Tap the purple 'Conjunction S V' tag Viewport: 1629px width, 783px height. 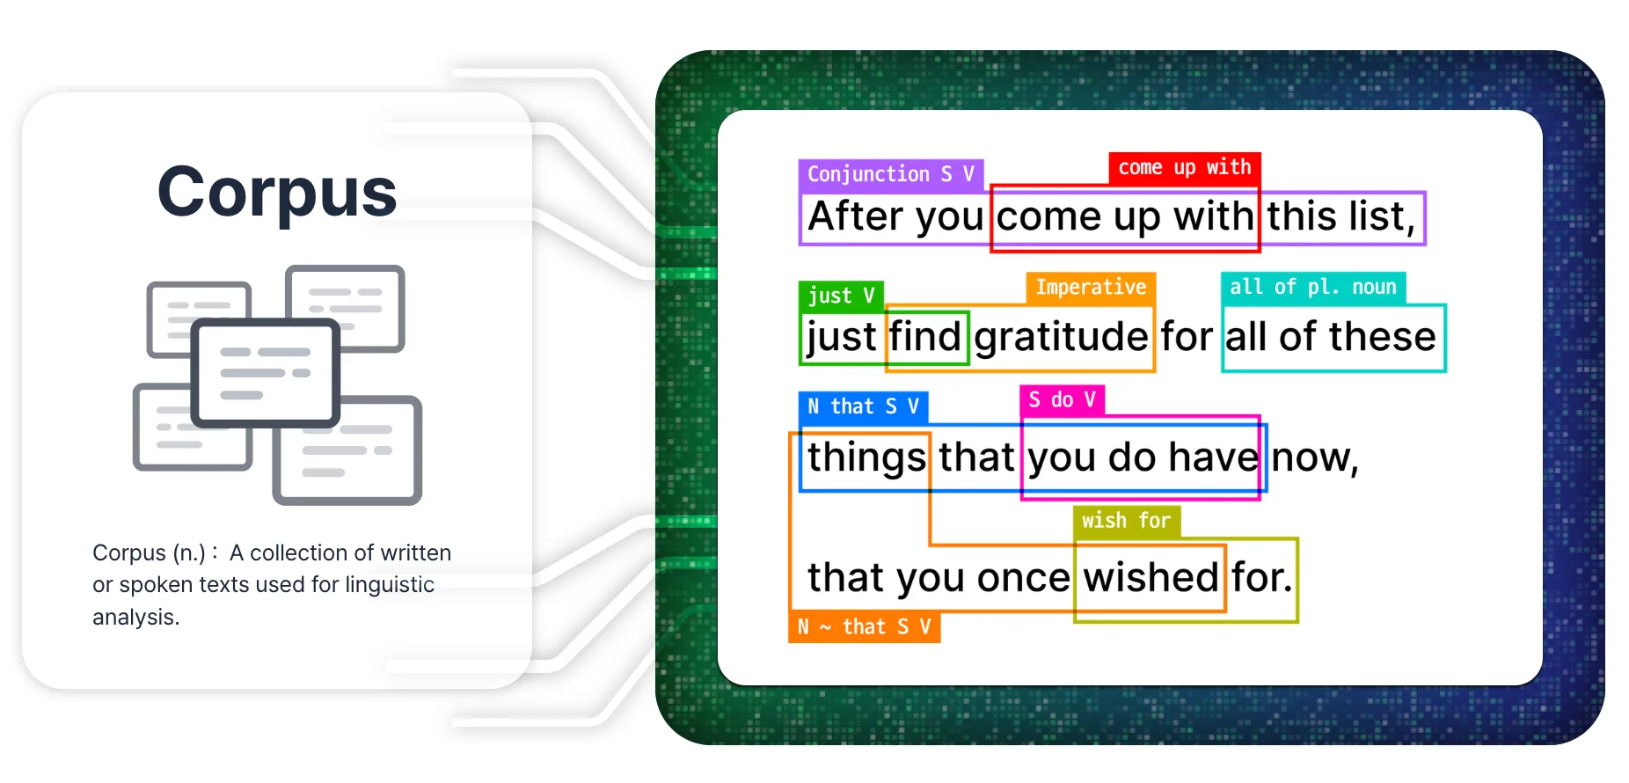click(x=891, y=174)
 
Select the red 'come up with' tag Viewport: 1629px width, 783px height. click(x=1184, y=167)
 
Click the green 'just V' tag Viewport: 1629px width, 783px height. click(x=841, y=296)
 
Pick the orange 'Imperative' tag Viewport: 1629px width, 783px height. click(x=1091, y=288)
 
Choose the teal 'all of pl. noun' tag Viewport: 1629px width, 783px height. click(x=1313, y=288)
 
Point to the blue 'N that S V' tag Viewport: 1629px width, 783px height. click(x=863, y=406)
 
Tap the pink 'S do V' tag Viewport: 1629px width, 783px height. click(x=1062, y=400)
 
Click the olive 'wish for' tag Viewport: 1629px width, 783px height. click(x=1126, y=521)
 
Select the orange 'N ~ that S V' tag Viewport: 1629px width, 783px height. click(x=864, y=626)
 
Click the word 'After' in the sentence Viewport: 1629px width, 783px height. click(x=856, y=216)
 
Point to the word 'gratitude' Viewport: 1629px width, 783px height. click(x=1062, y=336)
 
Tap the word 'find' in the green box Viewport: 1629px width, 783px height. click(x=925, y=336)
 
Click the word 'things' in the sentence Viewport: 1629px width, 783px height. click(x=866, y=457)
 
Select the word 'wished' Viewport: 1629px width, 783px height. click(x=1151, y=577)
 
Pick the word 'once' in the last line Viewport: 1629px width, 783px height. click(x=1023, y=578)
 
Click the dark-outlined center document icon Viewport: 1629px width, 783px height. click(x=266, y=373)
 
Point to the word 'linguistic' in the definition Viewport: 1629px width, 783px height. click(x=390, y=585)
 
